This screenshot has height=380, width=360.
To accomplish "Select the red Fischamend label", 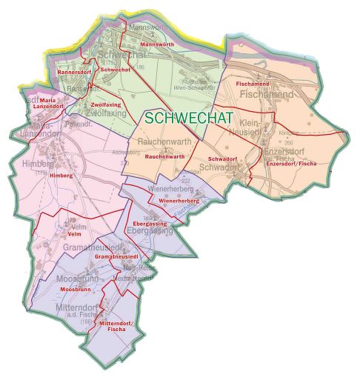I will pyautogui.click(x=253, y=84).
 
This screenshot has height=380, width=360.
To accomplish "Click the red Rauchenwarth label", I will pyautogui.click(x=164, y=157).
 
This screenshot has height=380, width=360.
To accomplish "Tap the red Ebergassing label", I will pyautogui.click(x=149, y=223).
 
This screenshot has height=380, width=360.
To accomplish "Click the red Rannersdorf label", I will pyautogui.click(x=73, y=72).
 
